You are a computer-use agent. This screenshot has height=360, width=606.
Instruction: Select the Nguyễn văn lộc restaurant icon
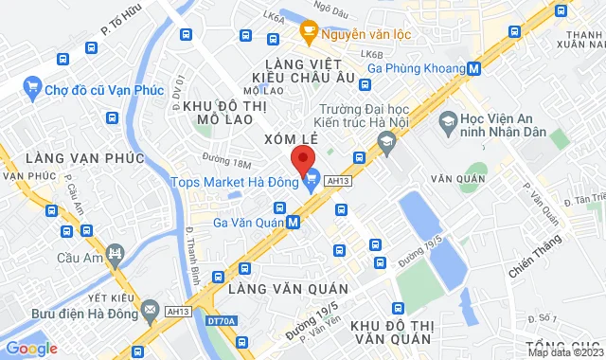coord(309,33)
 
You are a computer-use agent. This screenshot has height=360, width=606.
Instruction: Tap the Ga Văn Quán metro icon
coord(294,223)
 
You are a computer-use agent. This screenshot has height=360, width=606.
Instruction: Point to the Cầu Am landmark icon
coord(116,253)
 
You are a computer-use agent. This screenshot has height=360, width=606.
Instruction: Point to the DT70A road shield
coord(220,321)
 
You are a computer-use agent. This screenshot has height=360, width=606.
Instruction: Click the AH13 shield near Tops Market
coord(337,179)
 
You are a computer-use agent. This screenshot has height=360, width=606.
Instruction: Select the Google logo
coord(30,348)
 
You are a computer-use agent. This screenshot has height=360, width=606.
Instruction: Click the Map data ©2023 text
coord(564,353)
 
